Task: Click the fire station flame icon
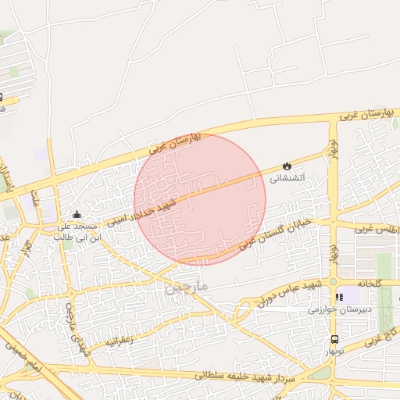pos(287,166)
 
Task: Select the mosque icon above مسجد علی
pos(76,215)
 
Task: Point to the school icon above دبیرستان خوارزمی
pos(338,297)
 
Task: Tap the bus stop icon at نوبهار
pos(334,339)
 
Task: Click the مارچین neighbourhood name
pos(187,287)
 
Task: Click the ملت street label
pos(34,198)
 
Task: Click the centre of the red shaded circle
pos(200,199)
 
